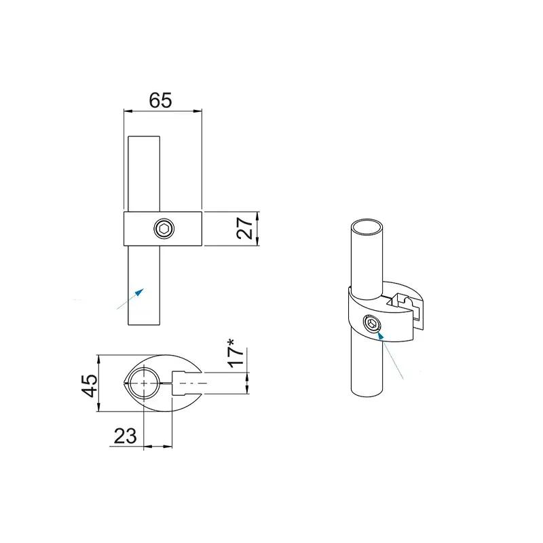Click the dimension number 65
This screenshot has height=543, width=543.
160,100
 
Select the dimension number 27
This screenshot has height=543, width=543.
245,228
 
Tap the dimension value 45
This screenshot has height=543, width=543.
90,385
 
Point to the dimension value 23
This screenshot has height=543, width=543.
125,436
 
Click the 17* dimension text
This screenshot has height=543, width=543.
236,353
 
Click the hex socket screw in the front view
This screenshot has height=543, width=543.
164,229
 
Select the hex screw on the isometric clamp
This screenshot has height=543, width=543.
372,324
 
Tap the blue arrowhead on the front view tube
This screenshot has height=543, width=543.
139,293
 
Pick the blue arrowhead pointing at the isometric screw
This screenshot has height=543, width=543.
380,335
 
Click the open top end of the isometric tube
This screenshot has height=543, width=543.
367,227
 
